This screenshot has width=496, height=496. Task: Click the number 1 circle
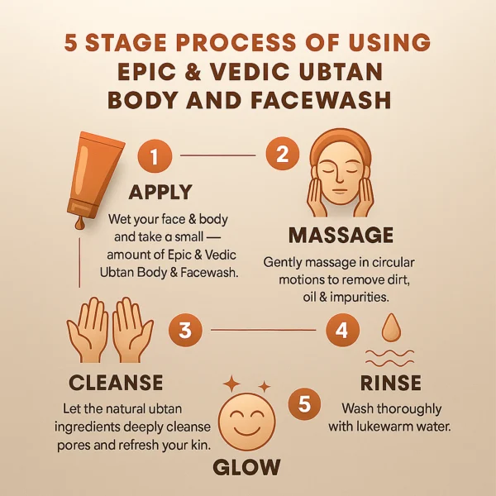pos(155,156)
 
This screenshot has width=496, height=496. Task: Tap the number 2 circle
pos(282,155)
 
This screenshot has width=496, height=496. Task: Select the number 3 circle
pos(185,330)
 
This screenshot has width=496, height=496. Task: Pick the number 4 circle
pos(342,330)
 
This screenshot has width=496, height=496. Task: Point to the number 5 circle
pos(304,404)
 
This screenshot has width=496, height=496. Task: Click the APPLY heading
pos(160,192)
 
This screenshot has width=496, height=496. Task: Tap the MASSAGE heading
pos(341,235)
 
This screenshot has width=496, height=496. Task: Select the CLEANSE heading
pos(116,382)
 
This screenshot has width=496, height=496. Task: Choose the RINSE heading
pos(391,383)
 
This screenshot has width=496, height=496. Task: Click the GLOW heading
pos(246,467)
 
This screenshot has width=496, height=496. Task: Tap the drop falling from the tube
pos(79,223)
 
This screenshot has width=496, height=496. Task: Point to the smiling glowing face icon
pos(247,421)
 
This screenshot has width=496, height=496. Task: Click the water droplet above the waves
pos(391,328)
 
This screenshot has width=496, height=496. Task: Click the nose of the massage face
pos(339,178)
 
